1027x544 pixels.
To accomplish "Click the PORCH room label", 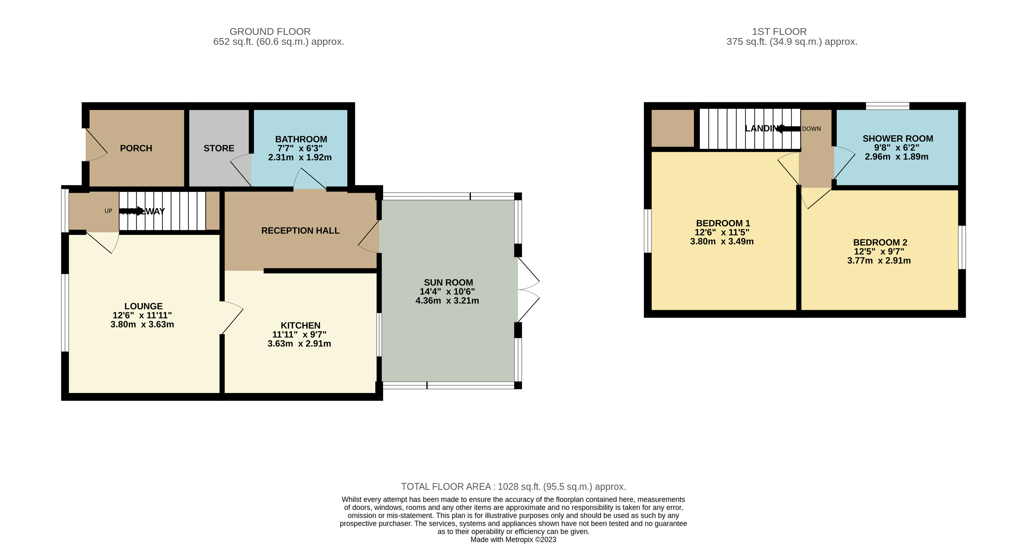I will pos(136,148).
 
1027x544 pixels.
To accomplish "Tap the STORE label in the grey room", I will pos(218,148).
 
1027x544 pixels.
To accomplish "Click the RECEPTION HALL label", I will pos(300,231).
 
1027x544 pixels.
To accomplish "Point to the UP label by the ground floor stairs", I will pos(108,211).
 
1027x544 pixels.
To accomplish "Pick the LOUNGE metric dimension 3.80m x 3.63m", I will pos(142,324).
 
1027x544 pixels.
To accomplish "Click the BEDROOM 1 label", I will pos(723,223).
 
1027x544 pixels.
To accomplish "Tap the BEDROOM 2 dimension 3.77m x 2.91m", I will pos(879,261).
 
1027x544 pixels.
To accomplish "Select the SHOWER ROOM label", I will pos(898,139).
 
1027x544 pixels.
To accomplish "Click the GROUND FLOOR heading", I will pos(270,32).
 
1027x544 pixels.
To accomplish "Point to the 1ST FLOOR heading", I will pos(779,32).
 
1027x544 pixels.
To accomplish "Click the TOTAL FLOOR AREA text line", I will pos(513,487).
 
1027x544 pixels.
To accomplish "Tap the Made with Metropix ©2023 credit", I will pos(513,540).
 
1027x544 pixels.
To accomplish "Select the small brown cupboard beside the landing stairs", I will pos(673,128).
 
